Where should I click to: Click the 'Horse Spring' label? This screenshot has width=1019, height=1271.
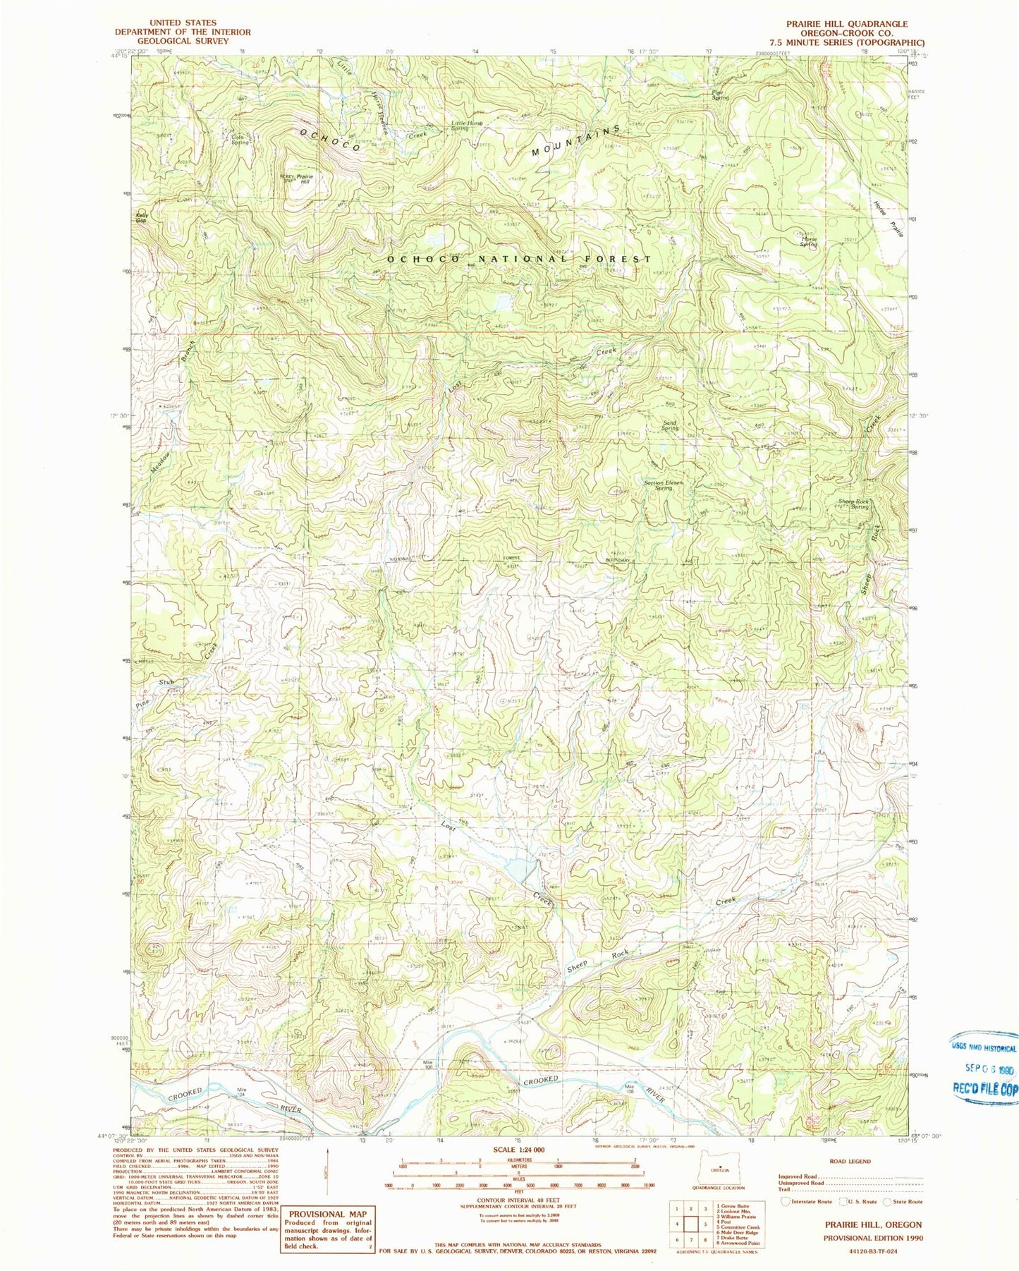tap(809, 241)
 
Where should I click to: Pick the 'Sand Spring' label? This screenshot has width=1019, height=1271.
tap(669, 425)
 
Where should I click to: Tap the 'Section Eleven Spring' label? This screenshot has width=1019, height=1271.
tap(663, 485)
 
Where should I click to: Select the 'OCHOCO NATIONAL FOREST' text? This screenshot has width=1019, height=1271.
tap(529, 259)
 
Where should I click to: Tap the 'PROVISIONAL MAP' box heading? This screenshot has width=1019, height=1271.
tap(327, 1214)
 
